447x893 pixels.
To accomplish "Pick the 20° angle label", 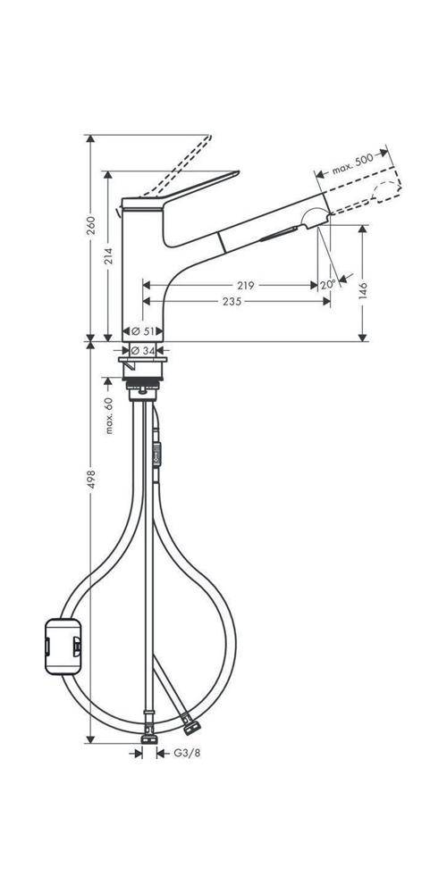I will pyautogui.click(x=327, y=285).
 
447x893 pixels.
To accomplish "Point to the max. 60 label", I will pyautogui.click(x=109, y=415).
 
